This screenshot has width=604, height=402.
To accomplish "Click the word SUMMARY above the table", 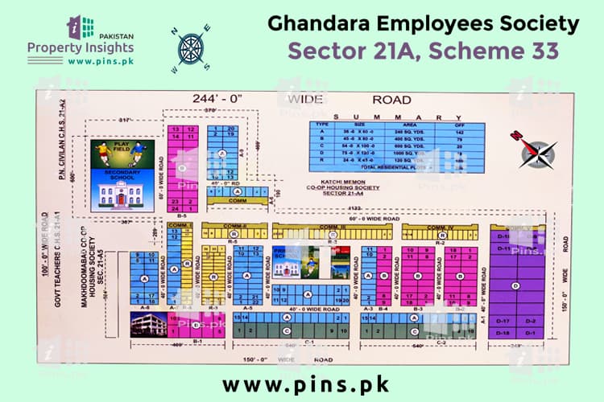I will click(x=399, y=118).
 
